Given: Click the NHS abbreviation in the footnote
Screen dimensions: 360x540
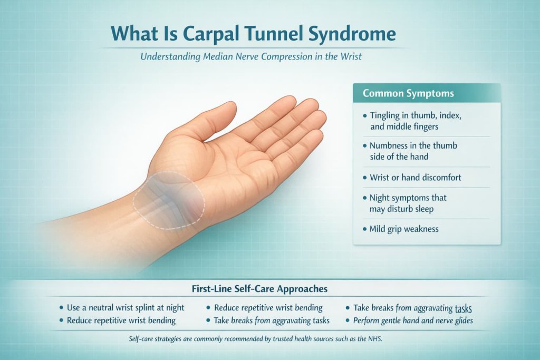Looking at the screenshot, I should click(373, 339).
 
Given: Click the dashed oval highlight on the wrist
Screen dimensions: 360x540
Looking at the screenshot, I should click(169, 200).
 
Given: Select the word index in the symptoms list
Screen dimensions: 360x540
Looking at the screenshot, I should click(451, 115).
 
